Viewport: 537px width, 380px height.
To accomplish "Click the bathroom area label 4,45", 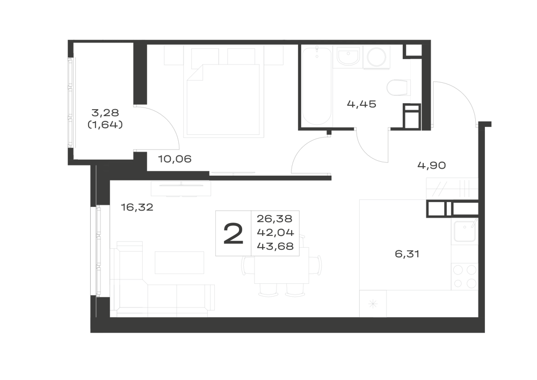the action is pyautogui.click(x=361, y=104).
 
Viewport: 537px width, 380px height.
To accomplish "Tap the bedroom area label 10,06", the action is pyautogui.click(x=175, y=159).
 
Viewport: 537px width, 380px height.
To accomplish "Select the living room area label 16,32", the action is pyautogui.click(x=137, y=207).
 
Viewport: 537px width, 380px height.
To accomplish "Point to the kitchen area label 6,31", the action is pyautogui.click(x=407, y=254).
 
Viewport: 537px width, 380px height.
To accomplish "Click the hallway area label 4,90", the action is pyautogui.click(x=432, y=166).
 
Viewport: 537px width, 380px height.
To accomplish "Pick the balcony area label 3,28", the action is pyautogui.click(x=105, y=112).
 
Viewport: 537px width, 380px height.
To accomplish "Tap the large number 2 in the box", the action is pyautogui.click(x=233, y=233).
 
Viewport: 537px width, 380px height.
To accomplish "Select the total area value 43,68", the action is pyautogui.click(x=275, y=246).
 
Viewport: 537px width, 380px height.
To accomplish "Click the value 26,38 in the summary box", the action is pyautogui.click(x=274, y=218).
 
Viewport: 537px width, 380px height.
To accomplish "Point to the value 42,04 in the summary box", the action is pyautogui.click(x=275, y=232).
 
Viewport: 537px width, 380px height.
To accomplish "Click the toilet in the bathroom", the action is pyautogui.click(x=398, y=88).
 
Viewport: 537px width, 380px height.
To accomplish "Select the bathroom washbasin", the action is pyautogui.click(x=348, y=56).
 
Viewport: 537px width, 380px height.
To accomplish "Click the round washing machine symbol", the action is pyautogui.click(x=376, y=57).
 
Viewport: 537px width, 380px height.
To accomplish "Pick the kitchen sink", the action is pyautogui.click(x=465, y=231).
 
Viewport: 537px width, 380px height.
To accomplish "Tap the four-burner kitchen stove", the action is pyautogui.click(x=465, y=277).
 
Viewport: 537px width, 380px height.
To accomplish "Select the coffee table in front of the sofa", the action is pyautogui.click(x=179, y=263).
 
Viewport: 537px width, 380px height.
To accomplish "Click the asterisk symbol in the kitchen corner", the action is pyautogui.click(x=373, y=304).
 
